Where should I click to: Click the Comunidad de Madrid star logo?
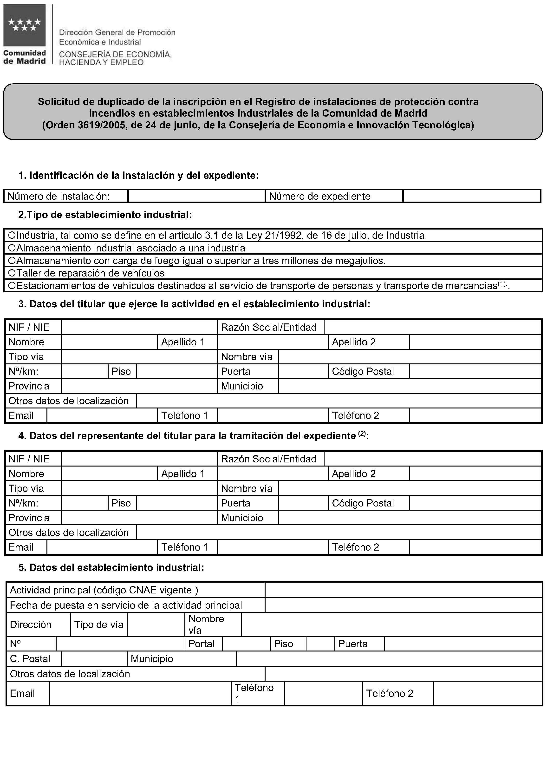[24, 26]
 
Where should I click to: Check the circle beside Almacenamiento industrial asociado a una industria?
[12, 248]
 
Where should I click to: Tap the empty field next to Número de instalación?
[196, 196]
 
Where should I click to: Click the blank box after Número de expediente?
[471, 196]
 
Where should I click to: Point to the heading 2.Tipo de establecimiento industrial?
[105, 215]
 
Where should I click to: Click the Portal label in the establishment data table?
[201, 644]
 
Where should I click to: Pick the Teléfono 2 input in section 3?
[475, 415]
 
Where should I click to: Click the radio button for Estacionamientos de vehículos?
[12, 285]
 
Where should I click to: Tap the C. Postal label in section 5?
[30, 658]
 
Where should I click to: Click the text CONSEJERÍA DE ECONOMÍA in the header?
[115, 54]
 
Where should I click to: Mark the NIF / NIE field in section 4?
[139, 459]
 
